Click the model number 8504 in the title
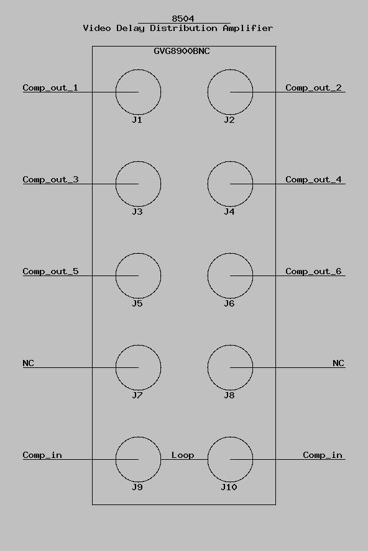pos(183,18)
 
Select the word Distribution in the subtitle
pos(183,28)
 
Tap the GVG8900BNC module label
pos(182,51)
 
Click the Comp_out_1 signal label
pos(50,88)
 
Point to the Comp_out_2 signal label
pos(313,88)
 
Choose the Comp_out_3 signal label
pos(51,179)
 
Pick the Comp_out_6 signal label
pos(313,271)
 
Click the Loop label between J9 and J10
pos(183,455)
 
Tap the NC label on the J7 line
pos(28,363)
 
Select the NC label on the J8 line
pos(338,363)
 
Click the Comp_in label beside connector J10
pos(323,455)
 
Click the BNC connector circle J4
pos(208,184)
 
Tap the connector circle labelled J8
pos(208,367)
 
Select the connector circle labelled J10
pos(208,459)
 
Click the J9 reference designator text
pos(137,487)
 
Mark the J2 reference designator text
pos(229,120)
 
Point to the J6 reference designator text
pos(229,303)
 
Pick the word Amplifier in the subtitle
pos(248,28)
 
